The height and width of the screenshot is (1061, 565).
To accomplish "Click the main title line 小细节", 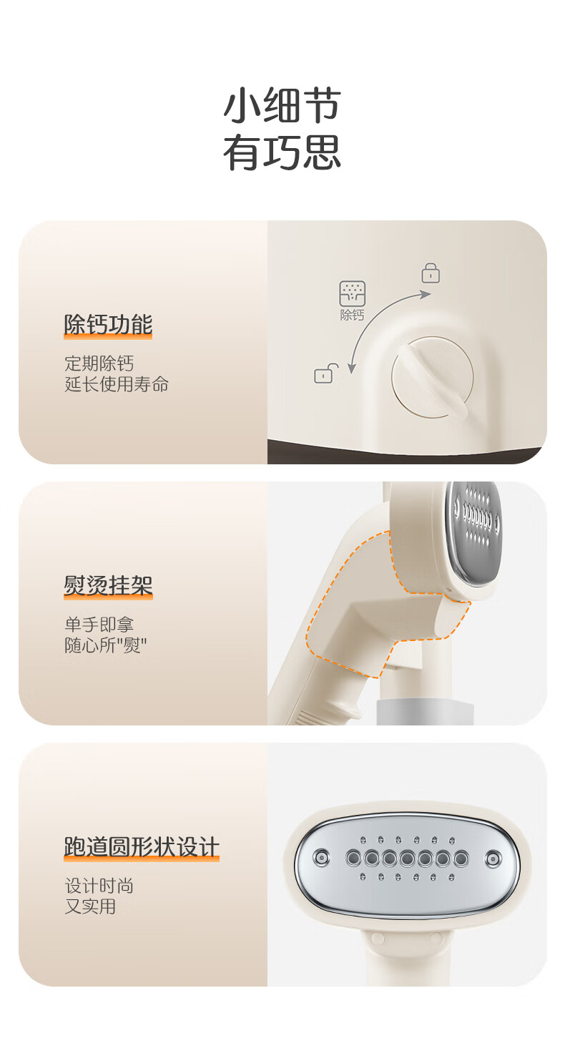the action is pos(282,104).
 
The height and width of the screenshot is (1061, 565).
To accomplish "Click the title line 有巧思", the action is pos(282,152).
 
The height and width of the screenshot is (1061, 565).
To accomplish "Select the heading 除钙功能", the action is pos(108,325).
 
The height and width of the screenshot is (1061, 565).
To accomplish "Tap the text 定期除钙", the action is pos(99,363).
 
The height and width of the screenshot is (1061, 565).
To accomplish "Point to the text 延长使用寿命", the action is pos(117,384).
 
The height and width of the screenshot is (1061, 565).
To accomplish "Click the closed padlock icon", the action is pos(431,273).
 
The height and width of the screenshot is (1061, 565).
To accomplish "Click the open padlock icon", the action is pos(326,373).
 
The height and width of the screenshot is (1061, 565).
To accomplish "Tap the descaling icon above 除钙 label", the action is pos(353,293).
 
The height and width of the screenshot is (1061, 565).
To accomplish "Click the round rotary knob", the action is pos(433,378).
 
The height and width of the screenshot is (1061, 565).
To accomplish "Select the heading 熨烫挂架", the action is pos(108,585).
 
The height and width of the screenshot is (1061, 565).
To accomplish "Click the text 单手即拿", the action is pos(99,625).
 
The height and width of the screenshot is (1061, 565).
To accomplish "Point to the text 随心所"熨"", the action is pos(106,645).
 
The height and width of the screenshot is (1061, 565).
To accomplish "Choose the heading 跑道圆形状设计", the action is pos(142,847).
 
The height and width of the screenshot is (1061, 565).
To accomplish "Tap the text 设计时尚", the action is pos(99,886).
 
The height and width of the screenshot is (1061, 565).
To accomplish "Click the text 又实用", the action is pos(90,906).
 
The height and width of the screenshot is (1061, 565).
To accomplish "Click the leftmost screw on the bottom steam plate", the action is pos(322,857).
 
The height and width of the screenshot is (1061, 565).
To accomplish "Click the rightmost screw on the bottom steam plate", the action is pos(493,858).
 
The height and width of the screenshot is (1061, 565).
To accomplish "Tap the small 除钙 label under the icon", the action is pos(353,315).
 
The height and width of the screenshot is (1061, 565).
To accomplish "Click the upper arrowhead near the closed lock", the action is pos(425,294).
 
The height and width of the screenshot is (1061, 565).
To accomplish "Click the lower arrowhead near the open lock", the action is pos(351,368).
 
